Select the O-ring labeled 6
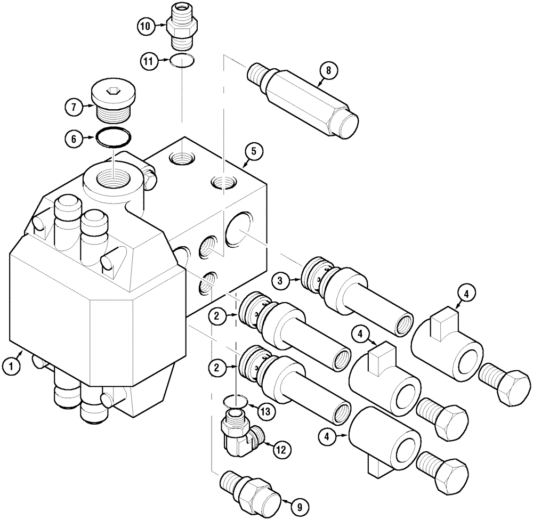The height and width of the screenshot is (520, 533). click(113, 137)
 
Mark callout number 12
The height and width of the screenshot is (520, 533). click(282, 450)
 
